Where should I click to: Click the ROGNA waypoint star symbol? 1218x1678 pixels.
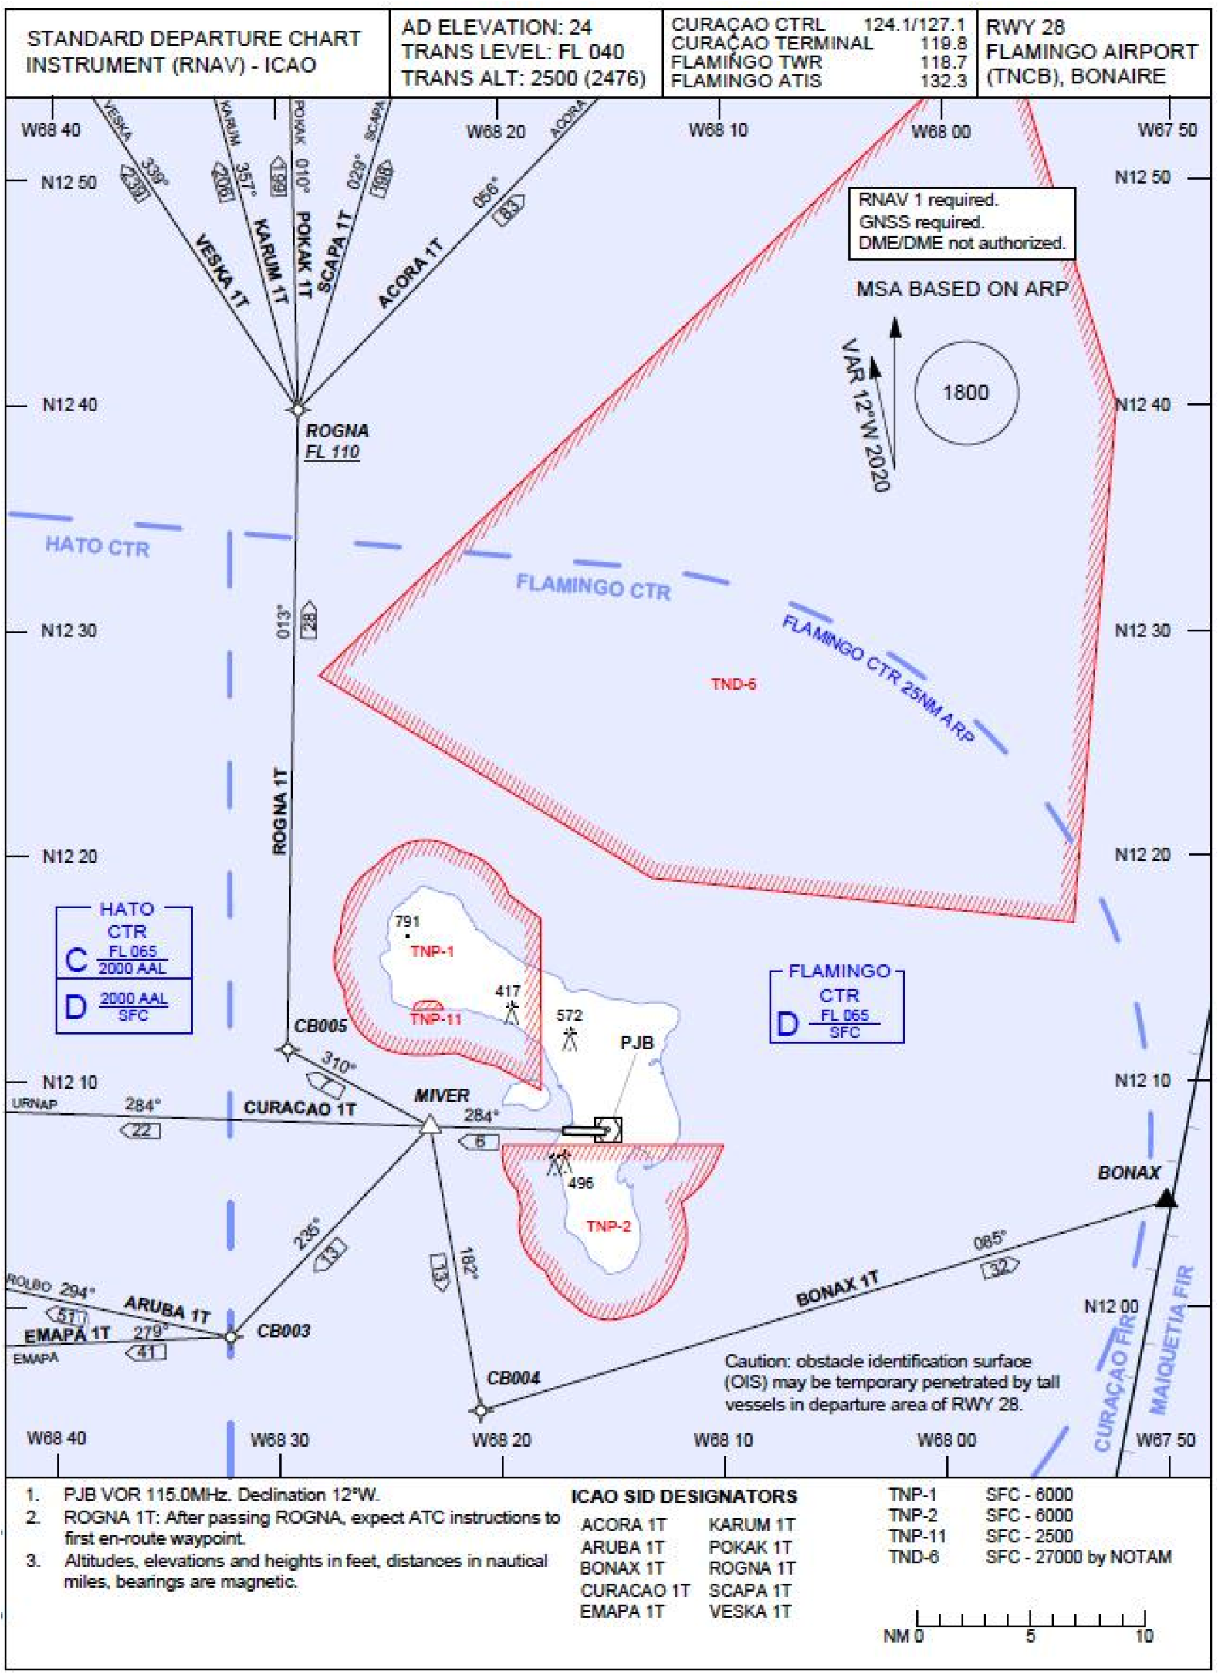(x=297, y=409)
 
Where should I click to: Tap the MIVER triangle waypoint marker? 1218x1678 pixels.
(x=430, y=1126)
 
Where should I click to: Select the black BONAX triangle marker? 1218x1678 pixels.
(x=1166, y=1198)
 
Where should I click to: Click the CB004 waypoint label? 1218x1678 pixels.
(x=513, y=1378)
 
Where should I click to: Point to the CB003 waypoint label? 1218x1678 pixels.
(x=283, y=1331)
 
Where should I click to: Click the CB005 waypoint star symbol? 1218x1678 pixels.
(x=288, y=1050)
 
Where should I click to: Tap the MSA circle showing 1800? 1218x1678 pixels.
(x=966, y=393)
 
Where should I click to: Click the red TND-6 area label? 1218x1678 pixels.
(x=733, y=684)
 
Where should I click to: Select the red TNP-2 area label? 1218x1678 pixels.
(x=608, y=1227)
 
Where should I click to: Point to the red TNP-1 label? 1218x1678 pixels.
(x=432, y=951)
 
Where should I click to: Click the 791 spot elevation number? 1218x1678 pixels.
(x=407, y=921)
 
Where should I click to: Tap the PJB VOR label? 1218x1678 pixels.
(x=637, y=1043)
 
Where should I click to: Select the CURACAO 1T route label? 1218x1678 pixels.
(x=299, y=1109)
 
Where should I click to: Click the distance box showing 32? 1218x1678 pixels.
(x=1000, y=1267)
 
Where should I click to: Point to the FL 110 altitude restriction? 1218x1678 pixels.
(x=332, y=452)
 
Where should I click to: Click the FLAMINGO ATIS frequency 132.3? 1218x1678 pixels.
(x=943, y=81)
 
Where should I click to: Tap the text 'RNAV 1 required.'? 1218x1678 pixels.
(x=928, y=201)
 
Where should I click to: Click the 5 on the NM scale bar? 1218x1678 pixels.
(x=1030, y=1636)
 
